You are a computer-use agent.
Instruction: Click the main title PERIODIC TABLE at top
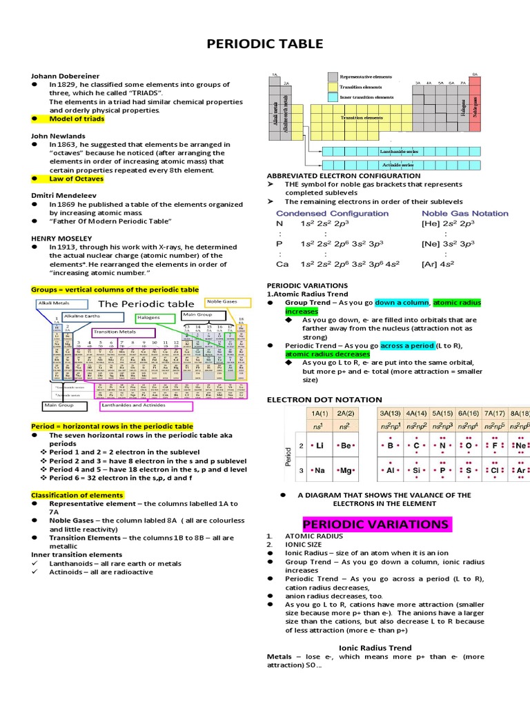click(x=265, y=44)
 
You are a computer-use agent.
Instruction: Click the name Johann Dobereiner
click(x=65, y=76)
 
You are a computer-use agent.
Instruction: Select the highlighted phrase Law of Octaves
click(x=76, y=179)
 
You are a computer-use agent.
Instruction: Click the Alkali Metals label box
click(x=63, y=304)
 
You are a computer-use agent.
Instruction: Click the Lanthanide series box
click(x=397, y=151)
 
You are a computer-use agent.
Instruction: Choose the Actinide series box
click(x=397, y=165)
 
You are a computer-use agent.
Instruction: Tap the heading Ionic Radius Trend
click(x=375, y=648)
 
